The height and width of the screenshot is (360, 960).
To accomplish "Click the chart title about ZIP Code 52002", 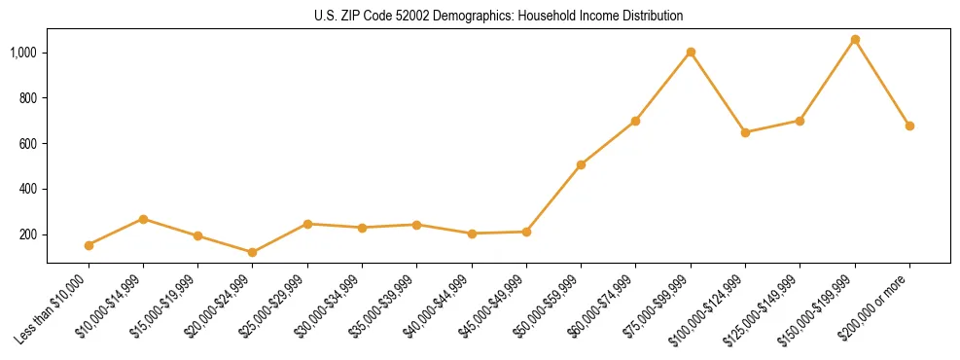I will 498,16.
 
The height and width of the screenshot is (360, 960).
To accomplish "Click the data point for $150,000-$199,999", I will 855,40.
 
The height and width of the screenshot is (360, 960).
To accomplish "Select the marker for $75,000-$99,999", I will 691,53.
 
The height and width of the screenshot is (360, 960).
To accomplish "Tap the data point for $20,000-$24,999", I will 253,252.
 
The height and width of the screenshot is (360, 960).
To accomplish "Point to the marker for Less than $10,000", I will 89,245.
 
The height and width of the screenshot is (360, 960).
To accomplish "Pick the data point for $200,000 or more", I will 909,126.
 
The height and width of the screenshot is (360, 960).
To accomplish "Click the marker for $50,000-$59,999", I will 581,165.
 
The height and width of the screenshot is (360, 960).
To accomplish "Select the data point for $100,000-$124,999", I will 745,132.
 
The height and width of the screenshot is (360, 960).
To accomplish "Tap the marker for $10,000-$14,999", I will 143,219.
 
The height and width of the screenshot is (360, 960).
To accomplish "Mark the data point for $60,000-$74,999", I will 635,121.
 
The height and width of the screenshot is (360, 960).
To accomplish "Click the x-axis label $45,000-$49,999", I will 494,306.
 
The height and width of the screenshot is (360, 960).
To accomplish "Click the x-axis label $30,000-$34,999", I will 330,306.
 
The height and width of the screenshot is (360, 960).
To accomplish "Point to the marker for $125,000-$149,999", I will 800,121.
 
